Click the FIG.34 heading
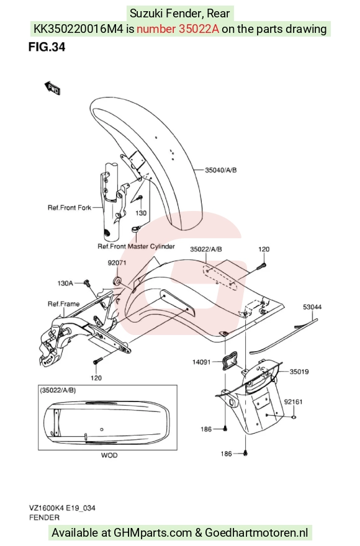pyautogui.click(x=47, y=47)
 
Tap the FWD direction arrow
pyautogui.click(x=52, y=88)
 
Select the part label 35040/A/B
pyautogui.click(x=220, y=170)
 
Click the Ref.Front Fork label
pyautogui.click(x=70, y=208)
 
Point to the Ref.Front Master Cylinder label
pyautogui.click(x=137, y=246)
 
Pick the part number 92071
pyautogui.click(x=117, y=263)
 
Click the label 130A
pyautogui.click(x=65, y=284)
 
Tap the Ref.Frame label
pyautogui.click(x=63, y=304)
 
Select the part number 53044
pyautogui.click(x=312, y=307)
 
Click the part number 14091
pyautogui.click(x=202, y=362)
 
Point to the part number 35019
pyautogui.click(x=299, y=372)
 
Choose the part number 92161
pyautogui.click(x=293, y=402)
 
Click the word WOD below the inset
pyautogui.click(x=109, y=455)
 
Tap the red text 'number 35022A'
pyautogui.click(x=178, y=29)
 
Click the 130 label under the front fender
pyautogui.click(x=141, y=213)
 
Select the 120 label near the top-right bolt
pyautogui.click(x=264, y=249)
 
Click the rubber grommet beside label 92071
pyautogui.click(x=117, y=280)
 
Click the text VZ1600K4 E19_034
pyautogui.click(x=63, y=508)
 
